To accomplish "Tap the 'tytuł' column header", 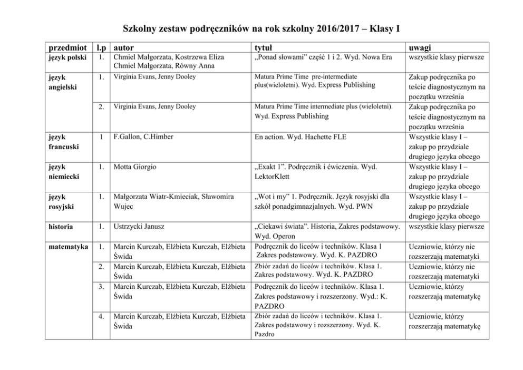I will coord(265,47).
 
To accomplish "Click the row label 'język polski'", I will coord(64,57).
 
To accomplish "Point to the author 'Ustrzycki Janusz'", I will coord(139,227).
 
